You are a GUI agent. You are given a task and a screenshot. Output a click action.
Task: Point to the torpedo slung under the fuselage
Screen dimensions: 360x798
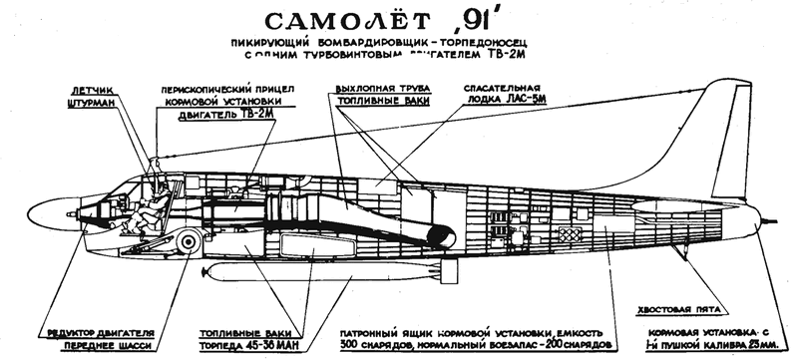coord(299,274)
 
